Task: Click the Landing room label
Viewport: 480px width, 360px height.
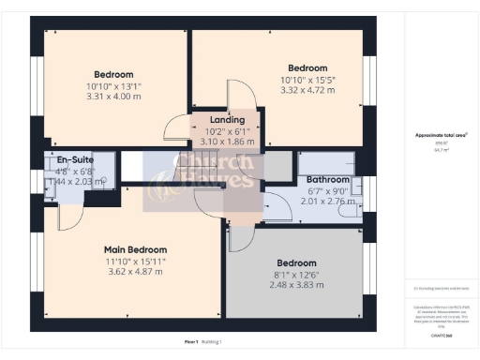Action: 228,120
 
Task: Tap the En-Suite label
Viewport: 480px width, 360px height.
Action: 76,160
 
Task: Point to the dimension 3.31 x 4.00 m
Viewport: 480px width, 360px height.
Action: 113,97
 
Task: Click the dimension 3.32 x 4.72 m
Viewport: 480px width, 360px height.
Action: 307,91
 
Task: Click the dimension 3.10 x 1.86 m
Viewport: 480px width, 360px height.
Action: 228,142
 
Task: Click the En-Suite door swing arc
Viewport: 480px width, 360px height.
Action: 66,217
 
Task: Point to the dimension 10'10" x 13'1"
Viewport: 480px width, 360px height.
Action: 113,86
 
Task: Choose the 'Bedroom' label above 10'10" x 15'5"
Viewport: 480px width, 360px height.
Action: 307,68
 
